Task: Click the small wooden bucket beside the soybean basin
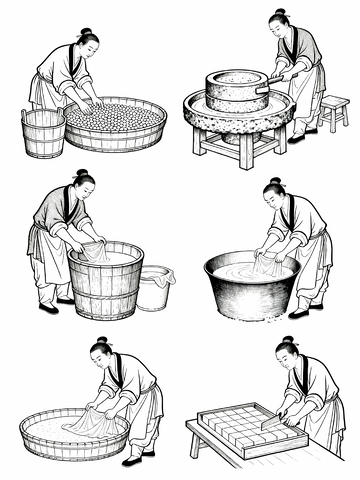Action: (x=43, y=133)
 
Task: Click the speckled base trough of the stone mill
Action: (x=238, y=116)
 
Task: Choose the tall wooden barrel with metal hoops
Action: (x=105, y=283)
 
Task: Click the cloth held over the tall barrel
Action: (x=96, y=252)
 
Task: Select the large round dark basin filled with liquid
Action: (x=251, y=285)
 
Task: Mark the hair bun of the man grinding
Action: (x=277, y=13)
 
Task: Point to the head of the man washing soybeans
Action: (x=87, y=45)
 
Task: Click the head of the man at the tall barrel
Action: (x=84, y=187)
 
